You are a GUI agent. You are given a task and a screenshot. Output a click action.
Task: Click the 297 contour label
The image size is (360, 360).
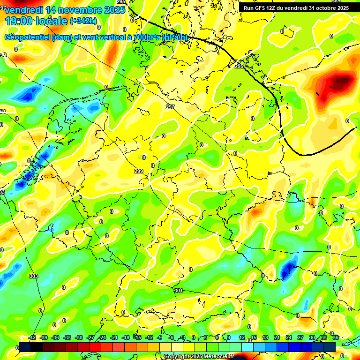tap(170, 107)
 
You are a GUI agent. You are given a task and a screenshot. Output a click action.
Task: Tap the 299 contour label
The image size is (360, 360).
tap(139, 171)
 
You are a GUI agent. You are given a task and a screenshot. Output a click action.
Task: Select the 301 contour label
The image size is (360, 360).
tap(178, 291)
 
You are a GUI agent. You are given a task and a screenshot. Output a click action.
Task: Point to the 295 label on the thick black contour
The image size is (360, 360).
tap(239, 67)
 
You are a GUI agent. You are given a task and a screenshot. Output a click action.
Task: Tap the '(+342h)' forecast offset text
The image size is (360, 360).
tap(83, 21)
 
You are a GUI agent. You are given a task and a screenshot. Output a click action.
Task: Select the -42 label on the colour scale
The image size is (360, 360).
tap(32, 337)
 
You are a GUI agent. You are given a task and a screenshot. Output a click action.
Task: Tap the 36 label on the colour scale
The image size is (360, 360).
tap(336, 337)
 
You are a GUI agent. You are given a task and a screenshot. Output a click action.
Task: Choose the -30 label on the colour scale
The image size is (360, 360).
tap(79, 337)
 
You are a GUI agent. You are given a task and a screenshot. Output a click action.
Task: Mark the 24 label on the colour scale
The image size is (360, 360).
tap(289, 337)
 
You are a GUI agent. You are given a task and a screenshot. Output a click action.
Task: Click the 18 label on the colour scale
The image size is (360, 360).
tap(265, 337)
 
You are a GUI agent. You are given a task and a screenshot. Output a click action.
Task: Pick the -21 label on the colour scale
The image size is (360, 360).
tap(114, 337)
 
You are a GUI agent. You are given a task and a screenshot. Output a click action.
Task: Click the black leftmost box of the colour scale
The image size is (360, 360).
tap(25, 347)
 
